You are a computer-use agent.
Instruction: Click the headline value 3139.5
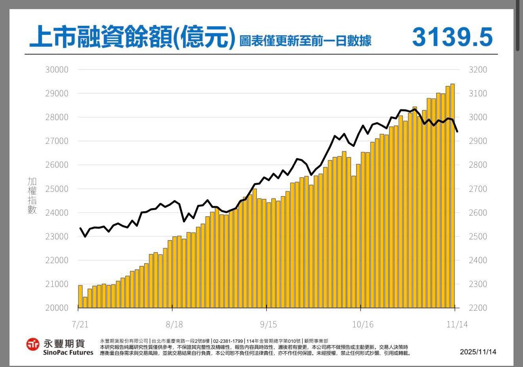point(452,37)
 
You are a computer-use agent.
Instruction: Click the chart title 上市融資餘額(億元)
point(132,38)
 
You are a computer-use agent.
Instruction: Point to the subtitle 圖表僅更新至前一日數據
point(305,41)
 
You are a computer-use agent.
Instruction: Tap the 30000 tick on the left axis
point(57,69)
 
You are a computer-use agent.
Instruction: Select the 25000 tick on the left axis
point(57,189)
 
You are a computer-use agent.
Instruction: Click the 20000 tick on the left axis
point(57,308)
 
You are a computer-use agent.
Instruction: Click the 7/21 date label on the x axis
point(80,324)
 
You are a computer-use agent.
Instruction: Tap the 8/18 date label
point(174,324)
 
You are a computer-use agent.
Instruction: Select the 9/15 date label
point(268,324)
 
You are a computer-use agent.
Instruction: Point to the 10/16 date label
point(363,324)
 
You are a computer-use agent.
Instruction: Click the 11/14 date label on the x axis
point(456,324)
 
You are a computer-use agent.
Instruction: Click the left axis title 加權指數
point(32,195)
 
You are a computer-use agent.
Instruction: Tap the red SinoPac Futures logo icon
point(33,344)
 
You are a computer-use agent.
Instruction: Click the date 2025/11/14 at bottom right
point(478,352)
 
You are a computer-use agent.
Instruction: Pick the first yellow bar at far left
point(80,296)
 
